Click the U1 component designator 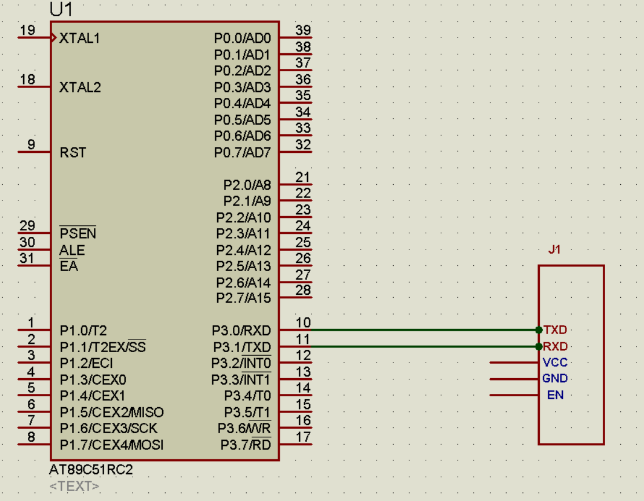(61, 9)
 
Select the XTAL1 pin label (80, 38)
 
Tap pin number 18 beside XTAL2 (28, 79)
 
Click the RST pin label (73, 153)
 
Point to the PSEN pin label (78, 233)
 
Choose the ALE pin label (72, 250)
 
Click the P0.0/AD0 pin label (242, 38)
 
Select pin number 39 (303, 30)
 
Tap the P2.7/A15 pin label (244, 298)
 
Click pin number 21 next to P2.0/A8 (303, 177)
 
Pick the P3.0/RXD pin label (241, 331)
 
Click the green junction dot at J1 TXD (539, 330)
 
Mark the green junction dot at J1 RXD (539, 346)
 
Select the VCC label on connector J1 (555, 363)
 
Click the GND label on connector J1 (555, 379)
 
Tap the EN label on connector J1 (555, 395)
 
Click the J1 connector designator (554, 249)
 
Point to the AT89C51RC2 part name (91, 469)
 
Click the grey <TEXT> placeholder (74, 486)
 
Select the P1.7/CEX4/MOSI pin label (111, 445)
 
